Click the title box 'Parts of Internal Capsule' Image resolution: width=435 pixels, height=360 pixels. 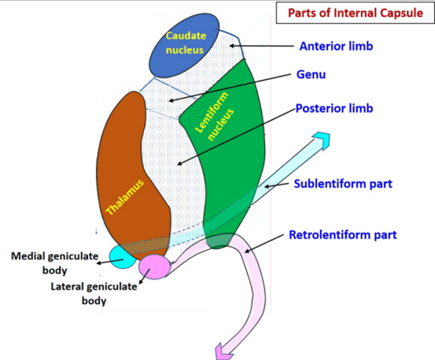tap(355, 13)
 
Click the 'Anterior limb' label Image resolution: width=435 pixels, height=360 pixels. tap(336, 46)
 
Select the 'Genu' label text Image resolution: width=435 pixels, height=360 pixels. tap(311, 75)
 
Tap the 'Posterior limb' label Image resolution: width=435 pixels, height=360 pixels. tap(334, 108)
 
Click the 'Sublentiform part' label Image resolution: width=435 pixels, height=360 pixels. tap(343, 183)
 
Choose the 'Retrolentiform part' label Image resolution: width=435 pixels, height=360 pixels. tap(342, 234)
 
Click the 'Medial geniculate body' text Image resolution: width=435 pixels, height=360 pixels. tap(55, 263)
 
